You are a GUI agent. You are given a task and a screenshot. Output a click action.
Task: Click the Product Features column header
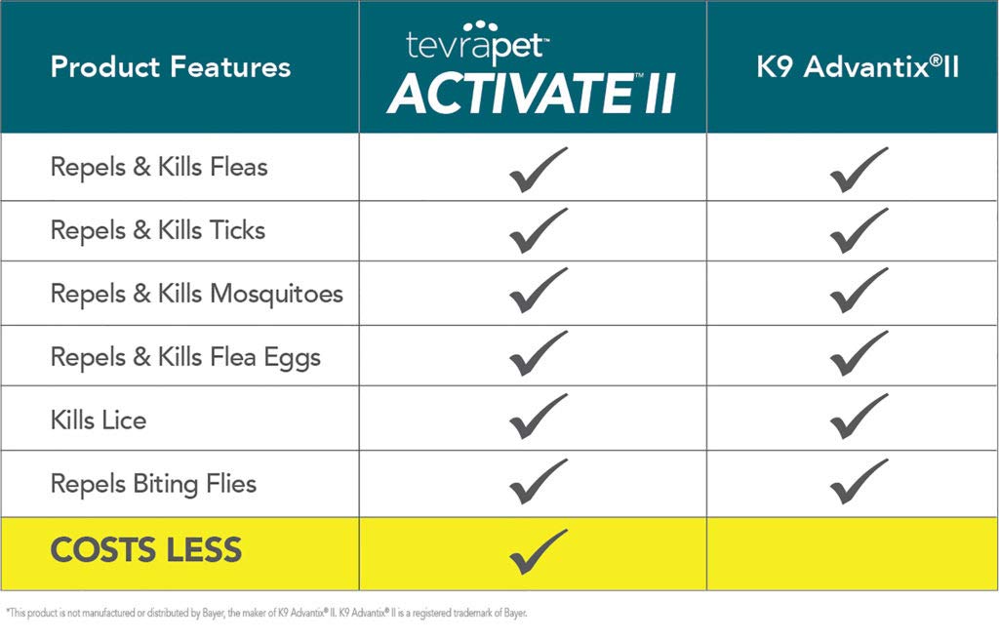[x=171, y=67]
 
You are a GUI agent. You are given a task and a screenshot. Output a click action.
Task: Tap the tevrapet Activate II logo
[x=533, y=68]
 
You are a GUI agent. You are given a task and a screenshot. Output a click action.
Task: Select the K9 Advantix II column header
[x=858, y=67]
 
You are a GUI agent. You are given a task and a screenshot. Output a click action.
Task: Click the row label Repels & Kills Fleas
[x=159, y=167]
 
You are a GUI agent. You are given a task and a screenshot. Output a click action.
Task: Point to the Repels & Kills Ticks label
[x=158, y=230]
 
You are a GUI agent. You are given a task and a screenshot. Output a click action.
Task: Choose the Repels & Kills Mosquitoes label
[x=197, y=294]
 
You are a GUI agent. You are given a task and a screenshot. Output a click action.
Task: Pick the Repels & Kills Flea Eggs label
[x=185, y=357]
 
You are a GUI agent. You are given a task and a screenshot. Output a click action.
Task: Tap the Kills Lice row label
[x=99, y=420]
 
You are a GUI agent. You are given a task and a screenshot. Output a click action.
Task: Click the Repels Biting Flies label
[x=153, y=484]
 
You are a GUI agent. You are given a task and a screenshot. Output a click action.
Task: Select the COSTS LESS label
[x=145, y=550]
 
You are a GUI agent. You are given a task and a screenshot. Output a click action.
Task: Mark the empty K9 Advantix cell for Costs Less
[x=853, y=553]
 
